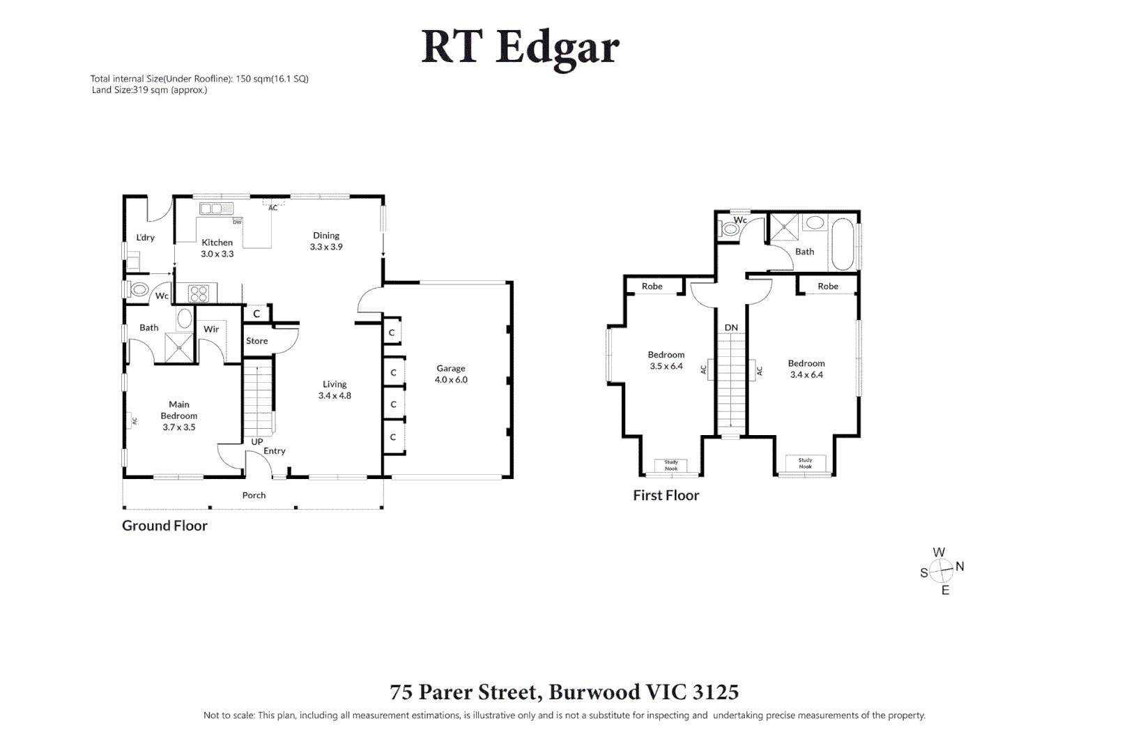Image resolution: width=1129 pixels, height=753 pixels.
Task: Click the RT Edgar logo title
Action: [520, 47]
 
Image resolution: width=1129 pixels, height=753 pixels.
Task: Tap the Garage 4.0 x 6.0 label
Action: [451, 374]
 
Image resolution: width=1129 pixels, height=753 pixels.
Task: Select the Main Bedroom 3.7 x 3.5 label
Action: [179, 416]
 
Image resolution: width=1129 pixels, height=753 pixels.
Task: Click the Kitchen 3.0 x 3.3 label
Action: [217, 248]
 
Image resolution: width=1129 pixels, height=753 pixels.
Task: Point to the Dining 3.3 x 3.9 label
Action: [326, 241]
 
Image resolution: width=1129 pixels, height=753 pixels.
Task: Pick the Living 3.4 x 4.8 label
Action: [335, 390]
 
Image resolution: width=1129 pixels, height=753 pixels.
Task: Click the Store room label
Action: [256, 341]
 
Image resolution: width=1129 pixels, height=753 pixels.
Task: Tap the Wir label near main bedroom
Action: [211, 329]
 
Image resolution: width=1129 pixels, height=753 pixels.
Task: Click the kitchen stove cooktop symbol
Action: [199, 294]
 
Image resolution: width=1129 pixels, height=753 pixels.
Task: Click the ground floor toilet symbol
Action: [139, 289]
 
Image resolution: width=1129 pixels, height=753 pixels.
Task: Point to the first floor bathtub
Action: [842, 244]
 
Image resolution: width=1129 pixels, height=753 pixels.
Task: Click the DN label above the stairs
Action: [731, 328]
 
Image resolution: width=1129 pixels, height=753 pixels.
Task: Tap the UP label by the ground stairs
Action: [257, 442]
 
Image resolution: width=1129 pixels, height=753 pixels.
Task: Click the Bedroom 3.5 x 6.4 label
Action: [666, 360]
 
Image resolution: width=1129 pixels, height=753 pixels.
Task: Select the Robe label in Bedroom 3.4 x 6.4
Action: [828, 287]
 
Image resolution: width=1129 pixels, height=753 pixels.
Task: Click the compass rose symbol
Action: [942, 571]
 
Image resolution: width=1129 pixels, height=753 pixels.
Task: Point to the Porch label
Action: [254, 495]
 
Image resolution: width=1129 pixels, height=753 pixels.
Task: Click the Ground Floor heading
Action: [164, 526]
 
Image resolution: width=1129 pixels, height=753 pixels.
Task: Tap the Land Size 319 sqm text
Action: [149, 90]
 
